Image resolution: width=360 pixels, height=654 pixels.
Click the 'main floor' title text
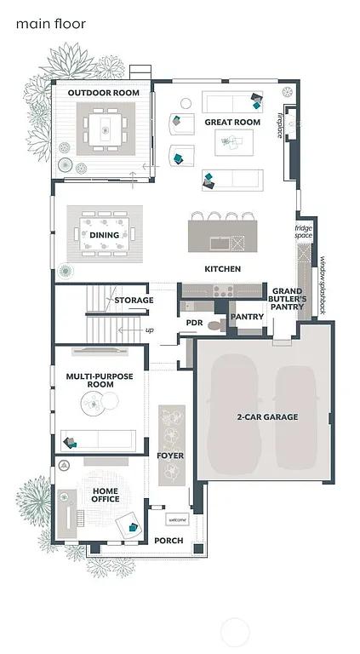[51, 25]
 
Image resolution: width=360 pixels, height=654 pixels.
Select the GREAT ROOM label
[231, 123]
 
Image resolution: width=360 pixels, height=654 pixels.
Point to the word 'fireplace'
[280, 123]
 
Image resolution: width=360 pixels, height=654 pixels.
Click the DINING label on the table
[105, 235]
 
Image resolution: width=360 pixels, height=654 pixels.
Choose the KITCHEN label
[222, 269]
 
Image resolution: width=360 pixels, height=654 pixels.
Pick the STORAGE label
[134, 300]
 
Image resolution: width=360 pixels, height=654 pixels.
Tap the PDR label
[194, 323]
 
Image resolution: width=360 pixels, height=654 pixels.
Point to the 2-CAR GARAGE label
[267, 416]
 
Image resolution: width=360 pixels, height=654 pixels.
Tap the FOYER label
[170, 456]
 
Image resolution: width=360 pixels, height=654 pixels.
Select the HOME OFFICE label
[100, 494]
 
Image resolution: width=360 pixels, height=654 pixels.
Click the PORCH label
[169, 541]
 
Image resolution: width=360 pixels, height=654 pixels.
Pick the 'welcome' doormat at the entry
[177, 519]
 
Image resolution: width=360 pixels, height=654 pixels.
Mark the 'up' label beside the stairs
[150, 330]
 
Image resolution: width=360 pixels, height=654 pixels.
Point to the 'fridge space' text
[303, 232]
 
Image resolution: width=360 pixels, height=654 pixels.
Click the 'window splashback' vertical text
[323, 284]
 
